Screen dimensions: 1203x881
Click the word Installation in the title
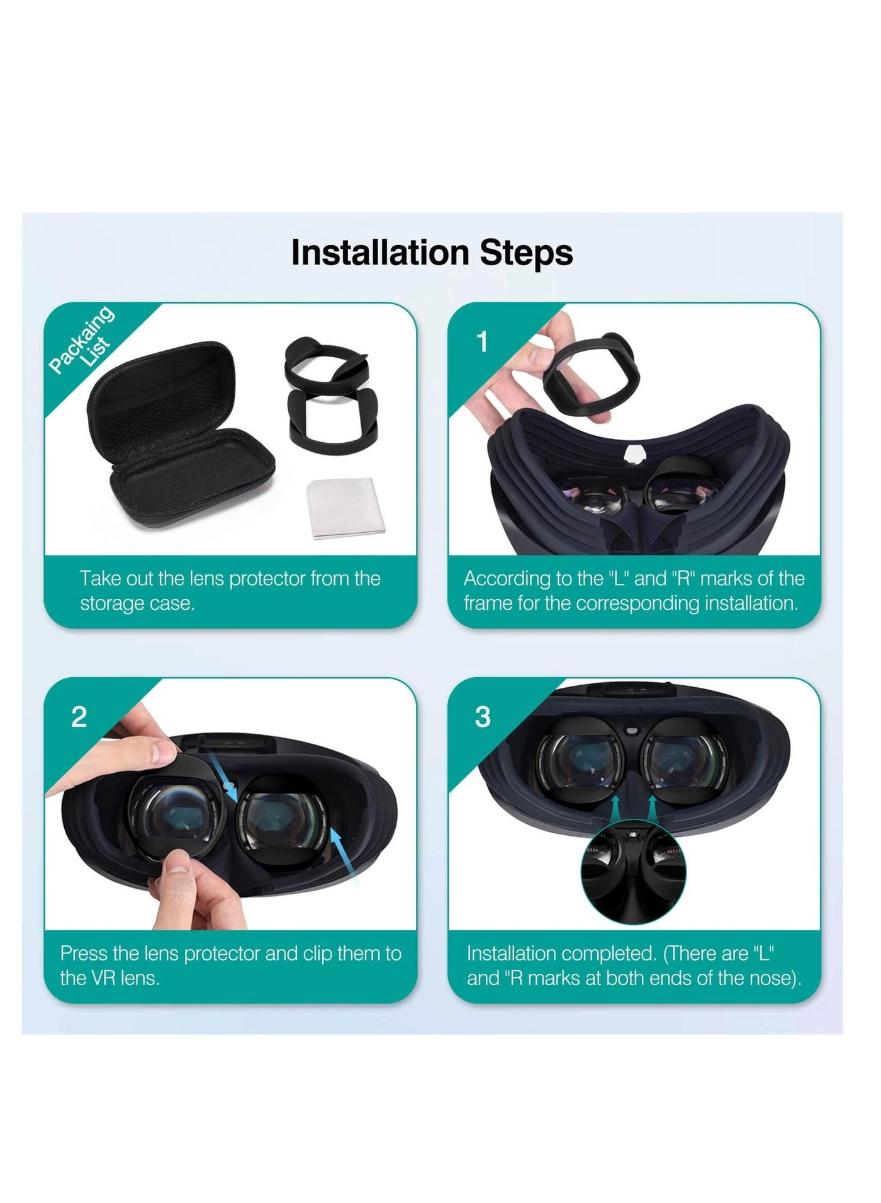pyautogui.click(x=380, y=253)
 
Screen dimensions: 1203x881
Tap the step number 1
pyautogui.click(x=483, y=343)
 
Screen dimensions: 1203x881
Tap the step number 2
pyautogui.click(x=79, y=717)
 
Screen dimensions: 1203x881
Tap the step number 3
pyautogui.click(x=483, y=717)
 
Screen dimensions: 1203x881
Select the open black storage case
pyautogui.click(x=179, y=435)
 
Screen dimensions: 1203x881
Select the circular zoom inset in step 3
pyautogui.click(x=633, y=872)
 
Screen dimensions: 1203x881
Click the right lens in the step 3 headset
pyautogui.click(x=683, y=762)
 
